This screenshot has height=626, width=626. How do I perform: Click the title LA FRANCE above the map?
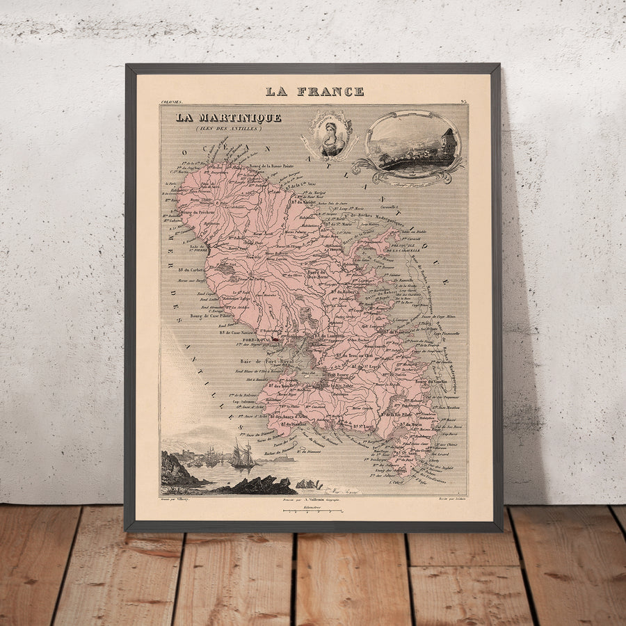click(x=314, y=91)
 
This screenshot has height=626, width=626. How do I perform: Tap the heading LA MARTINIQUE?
click(x=228, y=118)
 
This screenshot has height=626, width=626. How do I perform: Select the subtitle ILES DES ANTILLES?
click(x=228, y=128)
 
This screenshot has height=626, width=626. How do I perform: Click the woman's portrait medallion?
click(x=332, y=134)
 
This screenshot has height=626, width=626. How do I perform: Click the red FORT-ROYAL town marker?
click(x=275, y=339)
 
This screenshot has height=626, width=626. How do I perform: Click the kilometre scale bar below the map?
click(x=313, y=511)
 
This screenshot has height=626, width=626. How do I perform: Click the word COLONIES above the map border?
click(x=171, y=102)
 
